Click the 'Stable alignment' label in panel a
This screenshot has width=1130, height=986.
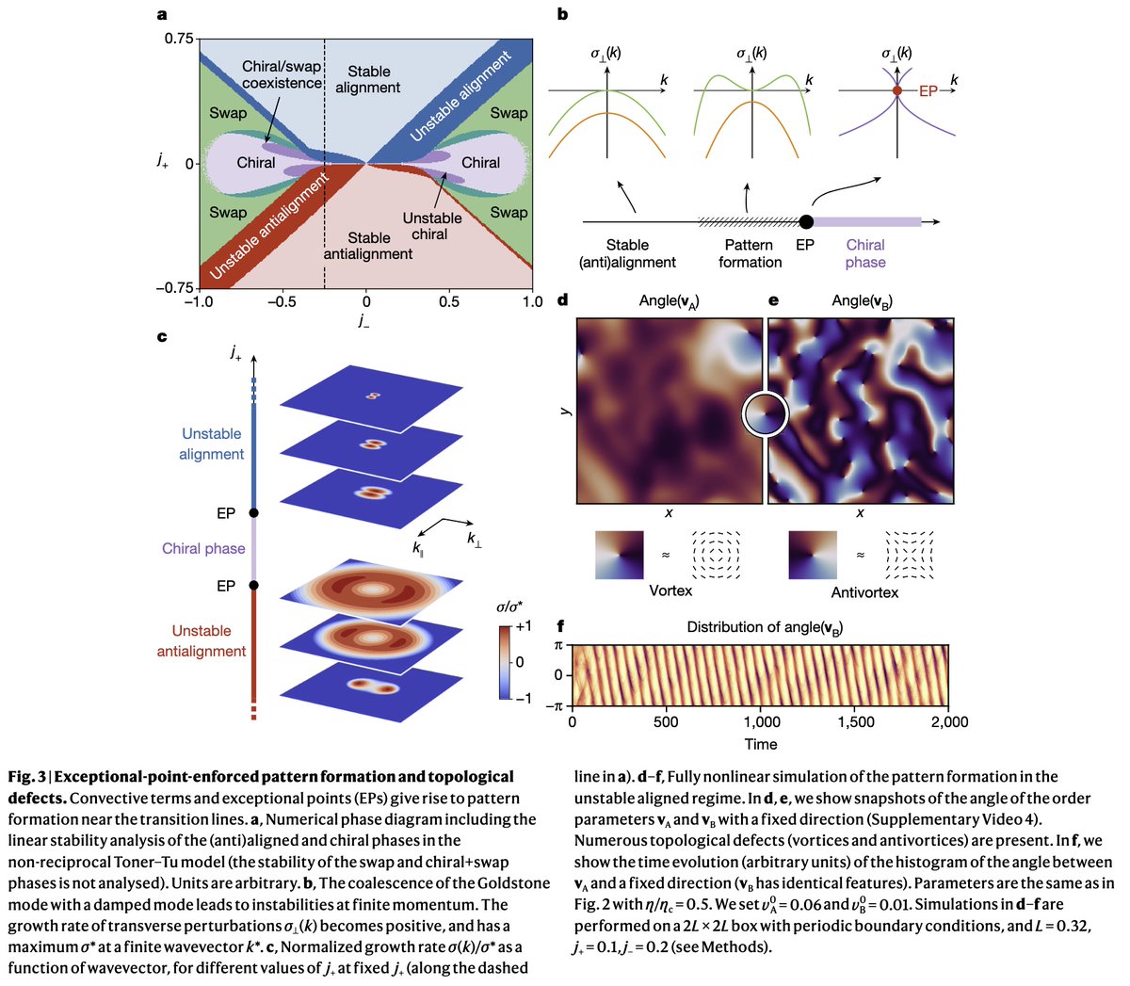(x=368, y=79)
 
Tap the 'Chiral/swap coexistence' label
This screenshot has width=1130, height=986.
(x=282, y=74)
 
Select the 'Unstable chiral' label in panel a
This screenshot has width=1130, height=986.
(x=431, y=226)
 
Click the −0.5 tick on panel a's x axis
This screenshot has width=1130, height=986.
(x=282, y=301)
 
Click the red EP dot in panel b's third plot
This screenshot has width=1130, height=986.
(x=897, y=91)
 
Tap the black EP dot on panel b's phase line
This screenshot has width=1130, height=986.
(x=806, y=222)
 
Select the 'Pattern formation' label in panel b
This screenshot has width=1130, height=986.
(x=751, y=253)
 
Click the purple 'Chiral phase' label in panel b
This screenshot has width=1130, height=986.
(x=864, y=253)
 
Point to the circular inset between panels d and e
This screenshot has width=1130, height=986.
(x=765, y=412)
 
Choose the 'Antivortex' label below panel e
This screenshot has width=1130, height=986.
(x=864, y=592)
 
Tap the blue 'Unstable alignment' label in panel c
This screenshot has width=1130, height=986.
(x=212, y=444)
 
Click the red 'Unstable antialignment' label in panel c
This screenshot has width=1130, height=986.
(x=202, y=640)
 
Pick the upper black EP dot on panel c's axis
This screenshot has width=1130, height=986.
(x=252, y=513)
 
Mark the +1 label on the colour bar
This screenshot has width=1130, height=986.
(x=524, y=626)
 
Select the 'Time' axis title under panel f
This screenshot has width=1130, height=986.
(x=761, y=744)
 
